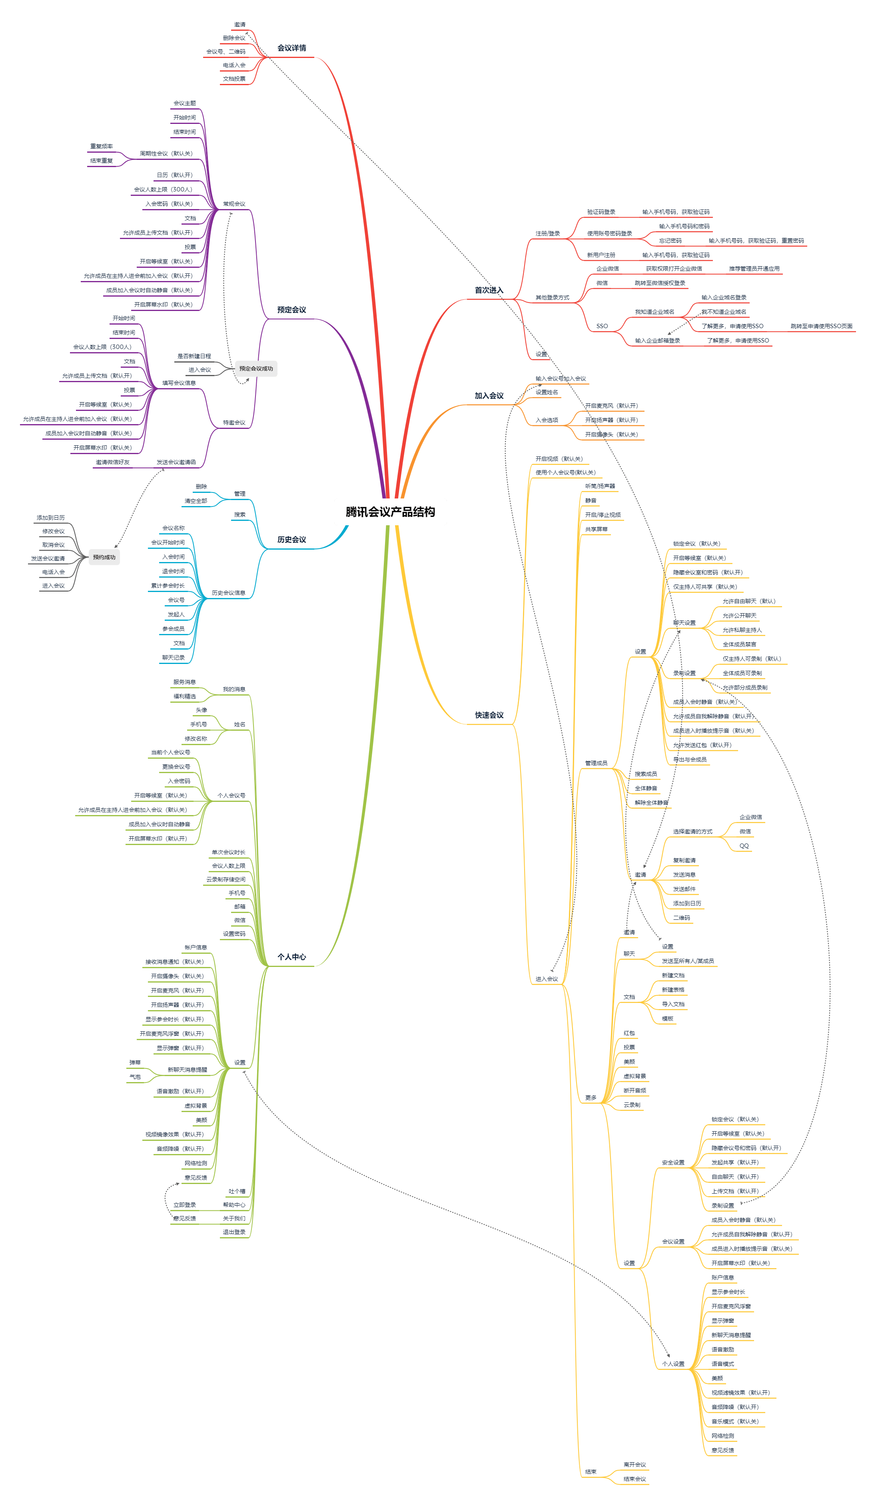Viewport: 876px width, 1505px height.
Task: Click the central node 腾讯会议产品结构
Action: click(390, 512)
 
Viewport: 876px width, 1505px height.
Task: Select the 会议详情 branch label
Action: click(291, 48)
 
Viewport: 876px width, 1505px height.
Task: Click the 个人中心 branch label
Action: click(291, 957)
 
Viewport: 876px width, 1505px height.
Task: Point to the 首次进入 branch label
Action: click(489, 290)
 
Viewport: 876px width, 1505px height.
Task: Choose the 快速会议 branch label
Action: click(489, 715)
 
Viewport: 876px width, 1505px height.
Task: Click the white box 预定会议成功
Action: click(256, 369)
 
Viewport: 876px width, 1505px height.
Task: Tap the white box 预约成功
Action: click(104, 557)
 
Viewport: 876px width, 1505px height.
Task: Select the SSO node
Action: click(602, 326)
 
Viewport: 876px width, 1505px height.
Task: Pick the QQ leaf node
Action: click(744, 846)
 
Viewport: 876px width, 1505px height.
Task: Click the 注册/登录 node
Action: click(547, 233)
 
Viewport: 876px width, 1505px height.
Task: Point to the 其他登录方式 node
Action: click(552, 297)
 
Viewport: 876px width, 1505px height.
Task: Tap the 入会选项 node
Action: click(547, 421)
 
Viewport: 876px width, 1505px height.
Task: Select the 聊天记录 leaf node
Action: click(173, 658)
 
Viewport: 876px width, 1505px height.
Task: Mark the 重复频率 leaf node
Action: click(102, 146)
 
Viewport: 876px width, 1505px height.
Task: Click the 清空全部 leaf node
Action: click(196, 501)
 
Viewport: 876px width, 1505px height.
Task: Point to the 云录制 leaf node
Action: click(632, 1105)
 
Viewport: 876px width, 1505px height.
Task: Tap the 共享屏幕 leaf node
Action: click(597, 529)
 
